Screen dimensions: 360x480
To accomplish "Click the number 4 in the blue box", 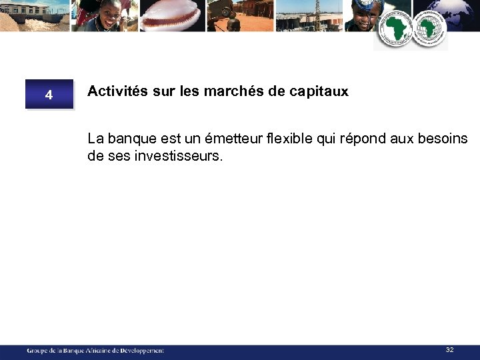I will [x=49, y=95].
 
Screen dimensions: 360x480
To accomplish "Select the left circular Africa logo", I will [x=395, y=30].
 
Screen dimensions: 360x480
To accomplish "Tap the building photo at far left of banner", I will [x=33, y=15].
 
